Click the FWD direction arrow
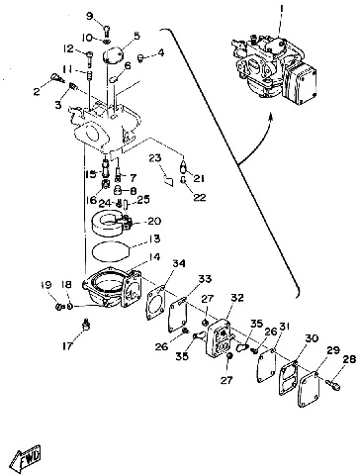pyautogui.click(x=26, y=458)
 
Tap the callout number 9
pyautogui.click(x=90, y=16)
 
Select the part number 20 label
pyautogui.click(x=154, y=221)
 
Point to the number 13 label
pyautogui.click(x=153, y=238)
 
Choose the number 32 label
pyautogui.click(x=237, y=298)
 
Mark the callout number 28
pyautogui.click(x=348, y=360)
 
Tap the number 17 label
pyautogui.click(x=67, y=346)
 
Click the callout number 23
pyautogui.click(x=154, y=158)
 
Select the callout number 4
pyautogui.click(x=160, y=52)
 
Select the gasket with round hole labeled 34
pyautogui.click(x=155, y=304)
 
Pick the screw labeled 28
pyautogui.click(x=333, y=384)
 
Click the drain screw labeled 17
pyautogui.click(x=86, y=325)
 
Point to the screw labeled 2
pyautogui.click(x=57, y=78)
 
